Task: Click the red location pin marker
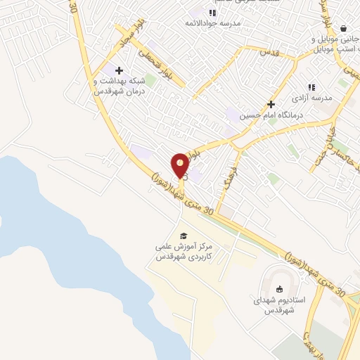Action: tap(181, 164)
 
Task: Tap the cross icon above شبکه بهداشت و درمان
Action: tap(119, 70)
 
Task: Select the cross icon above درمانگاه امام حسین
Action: tap(270, 103)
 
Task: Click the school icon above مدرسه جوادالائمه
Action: tap(212, 12)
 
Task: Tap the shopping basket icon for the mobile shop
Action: tap(343, 28)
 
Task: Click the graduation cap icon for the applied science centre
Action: tap(184, 236)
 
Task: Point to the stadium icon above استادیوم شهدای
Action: tap(279, 288)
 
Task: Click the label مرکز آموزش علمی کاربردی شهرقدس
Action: tap(185, 252)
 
